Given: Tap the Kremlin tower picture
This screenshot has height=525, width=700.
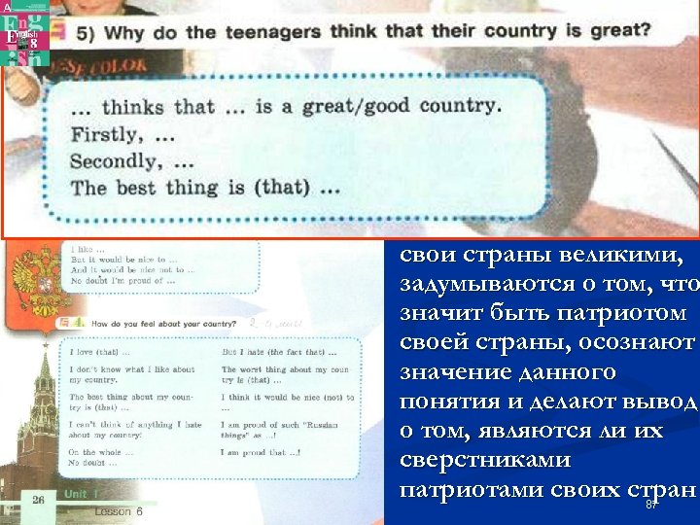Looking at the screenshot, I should (35, 418).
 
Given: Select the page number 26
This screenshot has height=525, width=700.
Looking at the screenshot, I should (38, 500).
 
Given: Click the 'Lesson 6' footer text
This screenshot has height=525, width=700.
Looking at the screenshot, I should (119, 510).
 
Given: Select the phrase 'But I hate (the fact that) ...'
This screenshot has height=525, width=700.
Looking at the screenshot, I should (279, 351).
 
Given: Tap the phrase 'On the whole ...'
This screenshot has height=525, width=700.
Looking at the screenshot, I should (98, 453).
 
